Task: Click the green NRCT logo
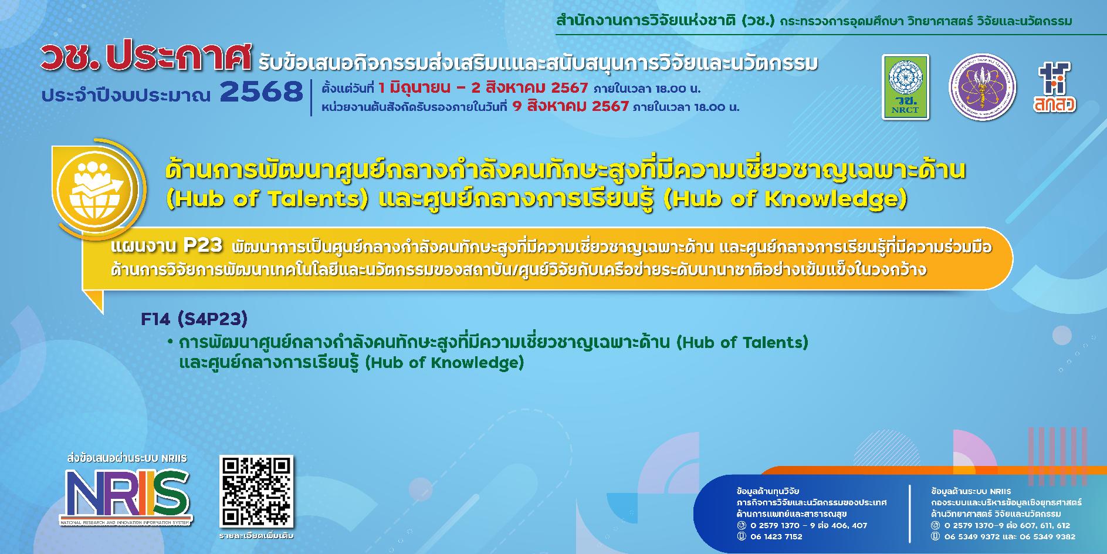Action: click(905, 87)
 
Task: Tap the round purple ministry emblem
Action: click(982, 87)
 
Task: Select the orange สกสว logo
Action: click(1054, 87)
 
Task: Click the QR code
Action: click(256, 491)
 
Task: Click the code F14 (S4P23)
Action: click(194, 319)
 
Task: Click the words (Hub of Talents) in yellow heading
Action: click(267, 199)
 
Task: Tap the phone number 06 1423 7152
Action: click(776, 536)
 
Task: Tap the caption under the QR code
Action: click(256, 536)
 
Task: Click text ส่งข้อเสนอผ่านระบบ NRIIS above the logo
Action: click(127, 458)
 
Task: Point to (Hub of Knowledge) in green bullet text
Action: click(444, 363)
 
